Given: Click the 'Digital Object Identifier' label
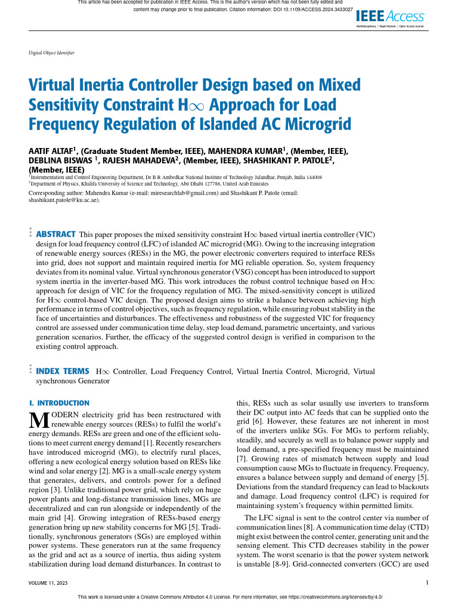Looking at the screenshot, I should (51, 53).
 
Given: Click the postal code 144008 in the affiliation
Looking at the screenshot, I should (311, 177).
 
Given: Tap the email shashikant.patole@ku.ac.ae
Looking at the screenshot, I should (63, 200).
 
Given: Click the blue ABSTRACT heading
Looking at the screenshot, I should (56, 234).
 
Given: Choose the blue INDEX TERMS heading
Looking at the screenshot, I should (63, 371).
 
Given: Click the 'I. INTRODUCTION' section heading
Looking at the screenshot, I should (59, 403).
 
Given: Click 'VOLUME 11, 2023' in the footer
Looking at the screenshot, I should (50, 582).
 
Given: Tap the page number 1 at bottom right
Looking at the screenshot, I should (428, 582).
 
